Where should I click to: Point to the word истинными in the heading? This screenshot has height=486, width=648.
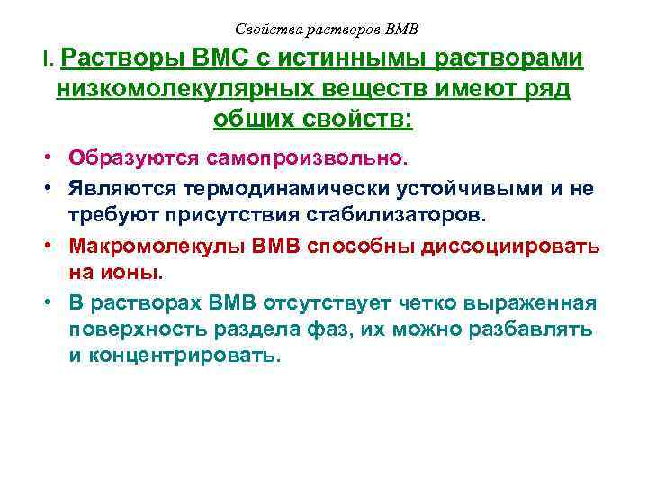coord(354,59)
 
